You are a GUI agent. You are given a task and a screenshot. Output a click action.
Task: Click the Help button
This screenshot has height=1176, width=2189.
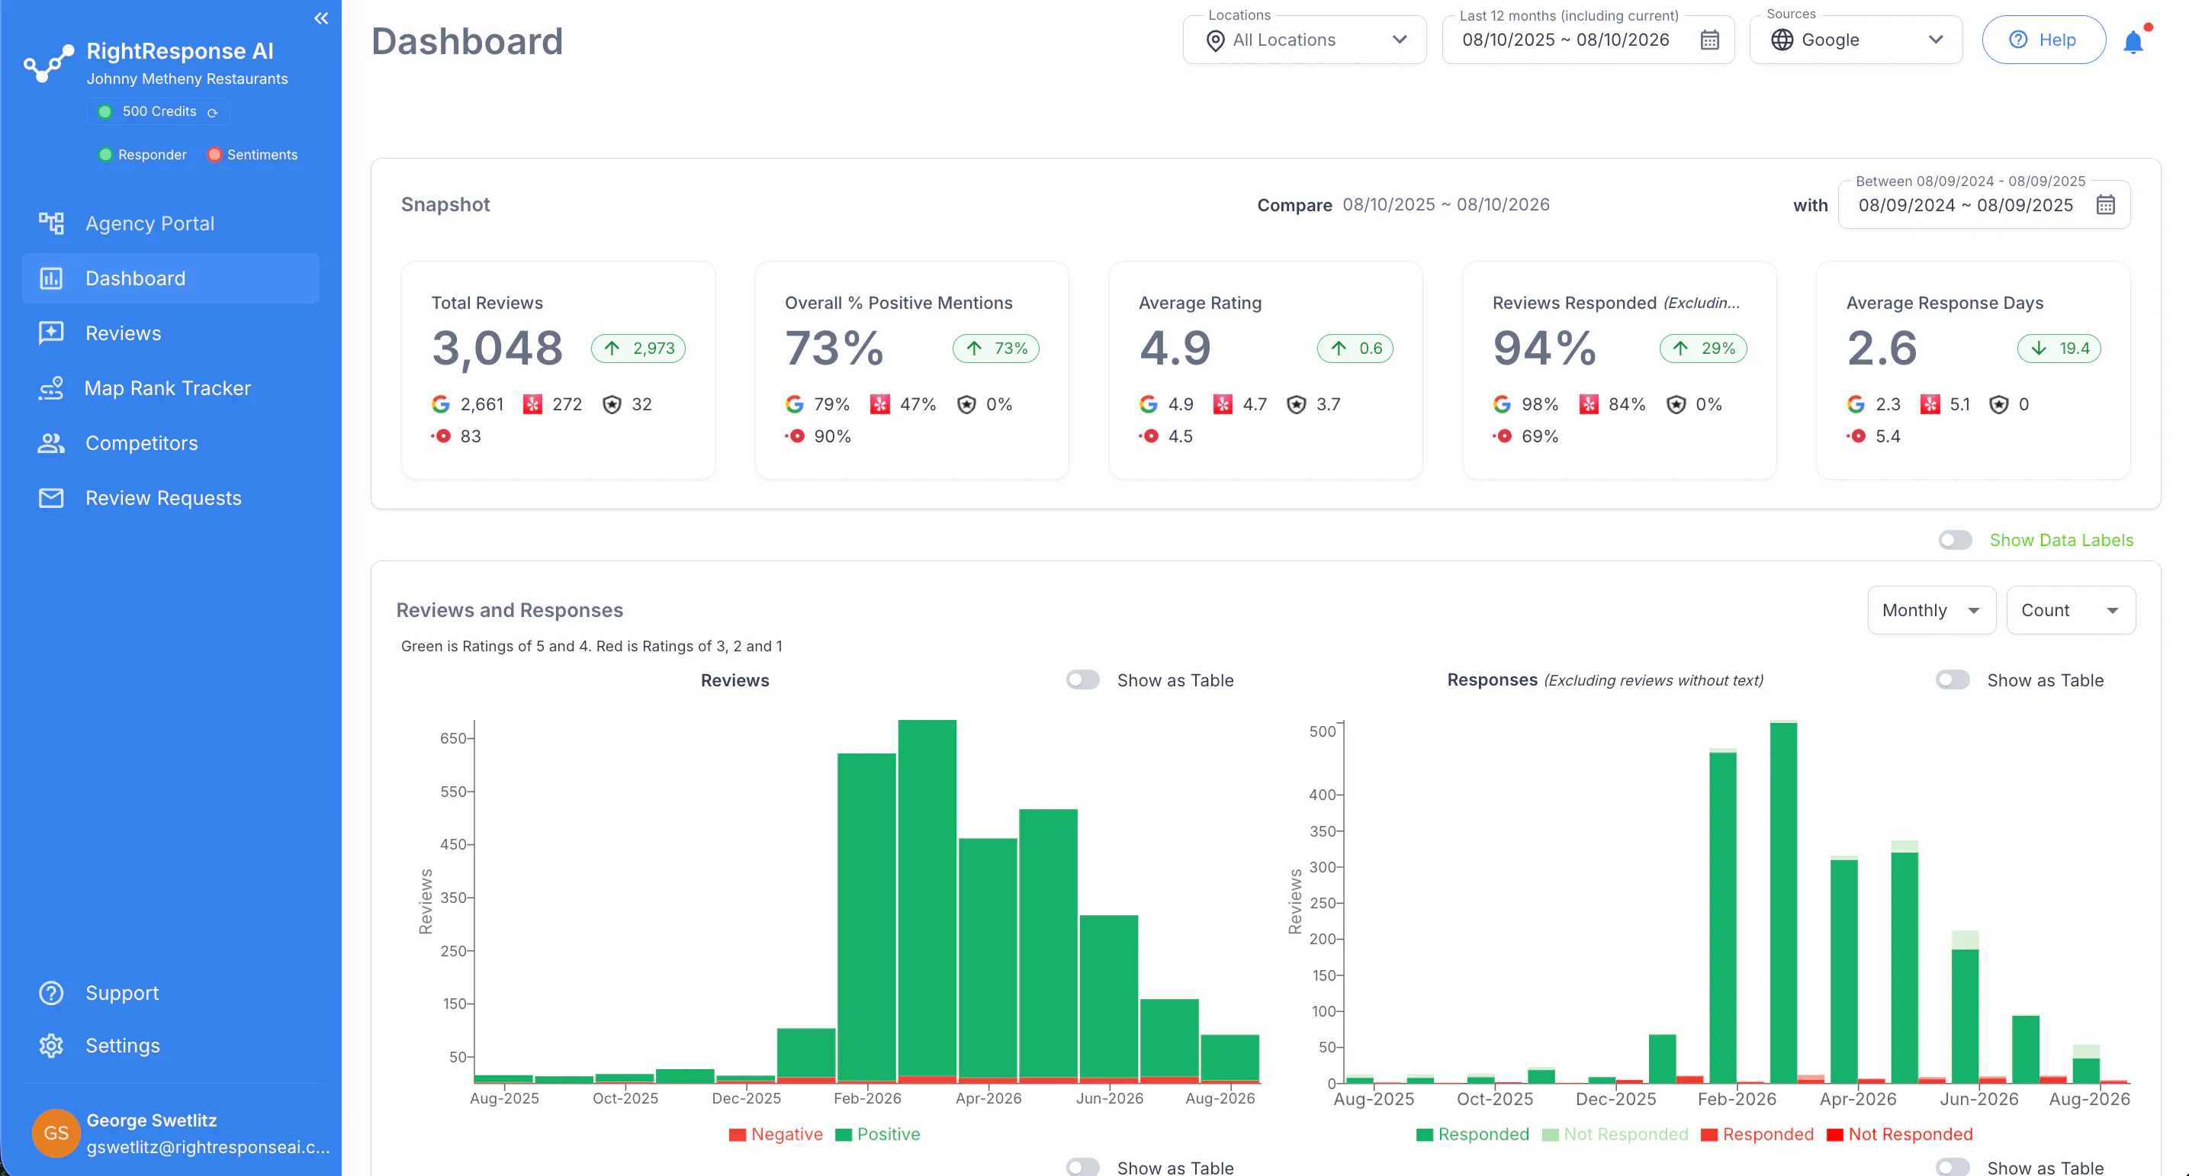coord(2043,40)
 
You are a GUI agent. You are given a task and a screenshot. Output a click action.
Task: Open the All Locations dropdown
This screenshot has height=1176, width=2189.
coord(1304,40)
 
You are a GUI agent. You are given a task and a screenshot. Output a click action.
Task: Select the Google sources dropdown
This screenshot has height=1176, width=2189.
coord(1856,40)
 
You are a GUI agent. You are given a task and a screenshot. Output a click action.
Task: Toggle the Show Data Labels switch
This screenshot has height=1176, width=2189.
coord(1956,541)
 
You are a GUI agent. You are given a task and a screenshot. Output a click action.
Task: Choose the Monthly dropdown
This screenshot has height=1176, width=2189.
coord(1930,610)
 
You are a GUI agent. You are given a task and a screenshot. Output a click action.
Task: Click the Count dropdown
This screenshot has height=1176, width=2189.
coord(2070,610)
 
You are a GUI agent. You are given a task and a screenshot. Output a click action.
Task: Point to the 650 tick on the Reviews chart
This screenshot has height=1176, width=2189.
coord(453,738)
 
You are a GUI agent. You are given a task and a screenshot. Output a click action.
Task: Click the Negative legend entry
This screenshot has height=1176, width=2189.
coord(776,1134)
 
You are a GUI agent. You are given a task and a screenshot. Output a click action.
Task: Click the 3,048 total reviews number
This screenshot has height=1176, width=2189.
coord(497,349)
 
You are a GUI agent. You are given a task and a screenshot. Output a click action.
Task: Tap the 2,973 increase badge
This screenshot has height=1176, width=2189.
coord(638,349)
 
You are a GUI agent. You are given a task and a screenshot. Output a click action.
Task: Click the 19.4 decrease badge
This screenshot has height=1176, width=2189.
coord(2059,349)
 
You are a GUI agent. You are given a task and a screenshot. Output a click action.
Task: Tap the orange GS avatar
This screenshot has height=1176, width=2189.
coord(56,1133)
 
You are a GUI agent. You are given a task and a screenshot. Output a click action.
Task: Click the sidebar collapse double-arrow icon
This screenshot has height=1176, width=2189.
coord(321,19)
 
